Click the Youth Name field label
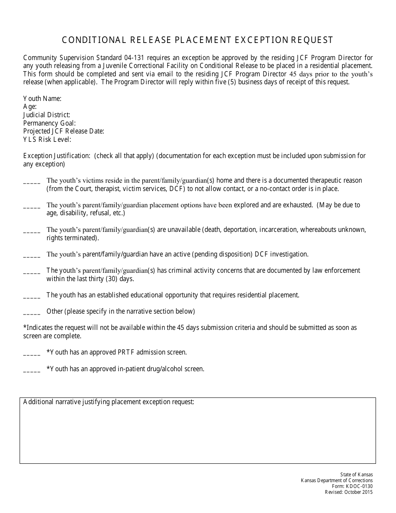pyautogui.click(x=43, y=99)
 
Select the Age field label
pyautogui.click(x=30, y=107)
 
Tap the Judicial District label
pyautogui.click(x=47, y=115)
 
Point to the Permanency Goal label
pyautogui.click(x=50, y=123)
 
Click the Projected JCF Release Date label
pyautogui.click(x=64, y=131)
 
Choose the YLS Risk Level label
pyautogui.click(x=47, y=139)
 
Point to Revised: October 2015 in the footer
pyautogui.click(x=349, y=492)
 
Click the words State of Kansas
pyautogui.click(x=356, y=475)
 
